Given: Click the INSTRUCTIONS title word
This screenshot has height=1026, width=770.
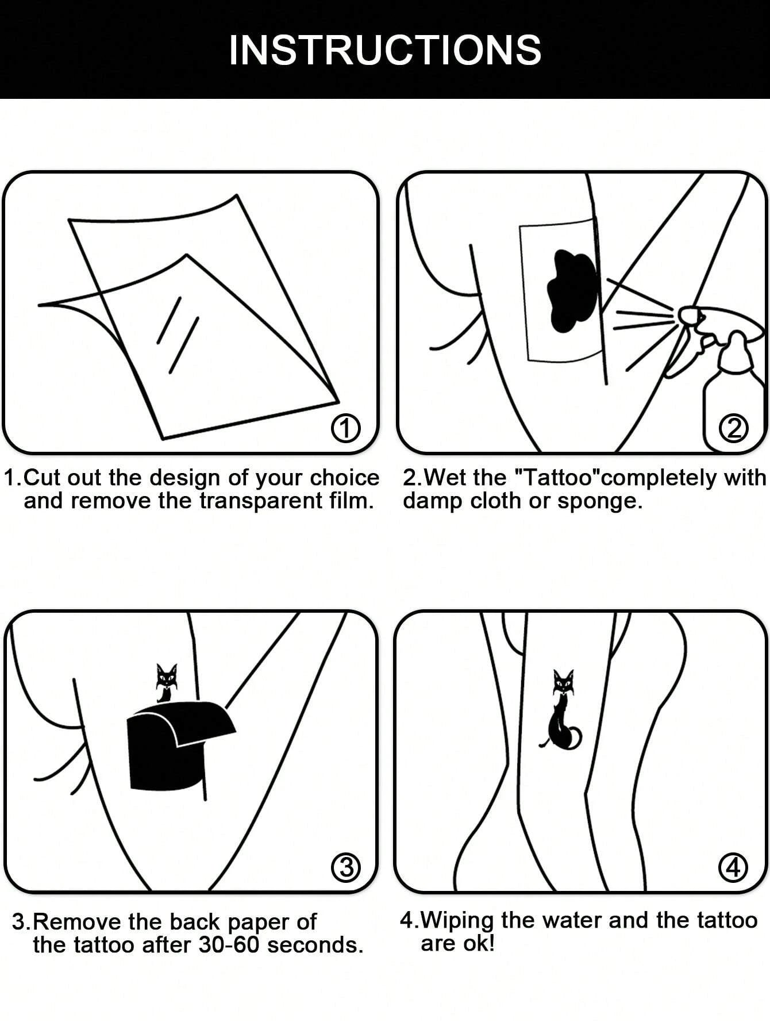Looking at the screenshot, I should (x=385, y=51).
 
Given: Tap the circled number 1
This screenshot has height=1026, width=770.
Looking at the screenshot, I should (x=346, y=429).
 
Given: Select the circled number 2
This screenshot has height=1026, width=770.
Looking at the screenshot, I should (x=734, y=429).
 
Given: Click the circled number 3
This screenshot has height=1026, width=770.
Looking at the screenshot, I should (x=346, y=867).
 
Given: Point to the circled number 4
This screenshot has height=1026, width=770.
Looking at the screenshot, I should (x=733, y=867).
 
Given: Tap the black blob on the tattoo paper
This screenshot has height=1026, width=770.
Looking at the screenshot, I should (x=572, y=290).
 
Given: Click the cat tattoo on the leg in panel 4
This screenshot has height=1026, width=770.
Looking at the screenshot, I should (x=560, y=713).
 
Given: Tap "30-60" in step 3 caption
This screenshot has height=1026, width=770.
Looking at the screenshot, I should (x=230, y=945).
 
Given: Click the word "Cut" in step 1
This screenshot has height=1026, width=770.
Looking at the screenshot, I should (x=40, y=478).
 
